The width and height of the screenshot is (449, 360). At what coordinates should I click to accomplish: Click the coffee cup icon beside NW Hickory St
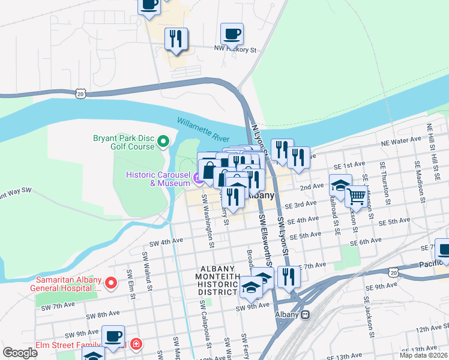point(232,34)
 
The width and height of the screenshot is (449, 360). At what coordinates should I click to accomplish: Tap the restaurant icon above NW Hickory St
point(176,39)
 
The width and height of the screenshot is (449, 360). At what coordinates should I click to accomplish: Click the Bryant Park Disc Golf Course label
point(124,142)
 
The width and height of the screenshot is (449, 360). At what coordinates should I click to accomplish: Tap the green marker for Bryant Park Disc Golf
point(163,142)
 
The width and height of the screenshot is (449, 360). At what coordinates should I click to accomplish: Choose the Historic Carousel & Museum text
point(157,178)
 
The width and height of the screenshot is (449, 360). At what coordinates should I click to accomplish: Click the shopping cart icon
point(356,197)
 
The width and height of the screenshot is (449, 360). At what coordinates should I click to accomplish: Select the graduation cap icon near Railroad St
point(340,185)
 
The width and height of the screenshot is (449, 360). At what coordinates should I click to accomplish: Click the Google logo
point(20,352)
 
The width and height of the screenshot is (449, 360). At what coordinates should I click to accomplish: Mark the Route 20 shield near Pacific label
point(393,272)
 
